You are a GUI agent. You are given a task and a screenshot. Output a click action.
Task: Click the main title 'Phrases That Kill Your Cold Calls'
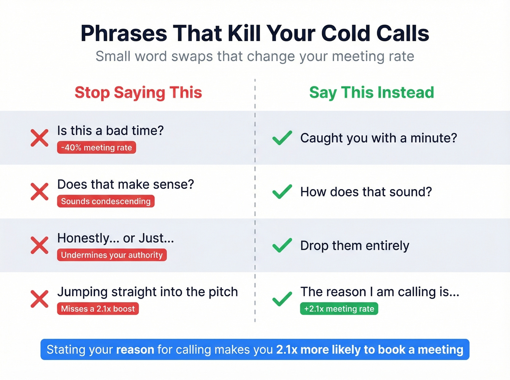pos(255,33)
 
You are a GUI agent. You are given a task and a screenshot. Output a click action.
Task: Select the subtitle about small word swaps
pos(255,56)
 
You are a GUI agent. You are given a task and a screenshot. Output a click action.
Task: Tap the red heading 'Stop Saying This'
pos(138,92)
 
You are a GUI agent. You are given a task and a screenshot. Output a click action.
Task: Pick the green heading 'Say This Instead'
pos(372,92)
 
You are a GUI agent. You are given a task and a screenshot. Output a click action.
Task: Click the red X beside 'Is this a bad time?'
pos(39,138)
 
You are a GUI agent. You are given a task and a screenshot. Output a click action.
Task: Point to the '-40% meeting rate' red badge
pos(97,148)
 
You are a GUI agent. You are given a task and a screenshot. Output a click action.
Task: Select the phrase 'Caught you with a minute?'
pos(378,138)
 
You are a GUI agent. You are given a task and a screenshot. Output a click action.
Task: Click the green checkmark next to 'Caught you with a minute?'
pos(282,138)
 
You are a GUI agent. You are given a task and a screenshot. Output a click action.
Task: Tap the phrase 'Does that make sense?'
pos(126,184)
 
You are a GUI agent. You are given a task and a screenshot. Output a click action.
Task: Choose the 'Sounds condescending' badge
pos(106,201)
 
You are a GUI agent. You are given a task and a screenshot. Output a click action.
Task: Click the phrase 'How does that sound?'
pos(366,192)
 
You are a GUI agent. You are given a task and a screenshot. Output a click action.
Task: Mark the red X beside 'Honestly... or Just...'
pos(39,245)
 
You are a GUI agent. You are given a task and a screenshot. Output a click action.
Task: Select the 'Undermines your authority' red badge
pos(112,255)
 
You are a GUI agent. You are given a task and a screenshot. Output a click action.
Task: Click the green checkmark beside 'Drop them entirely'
pos(282,245)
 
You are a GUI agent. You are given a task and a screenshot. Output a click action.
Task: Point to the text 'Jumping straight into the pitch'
pos(148,292)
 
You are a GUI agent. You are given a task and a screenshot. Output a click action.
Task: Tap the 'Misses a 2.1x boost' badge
pos(98,309)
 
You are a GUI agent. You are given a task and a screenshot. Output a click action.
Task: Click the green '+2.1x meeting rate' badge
pos(339,309)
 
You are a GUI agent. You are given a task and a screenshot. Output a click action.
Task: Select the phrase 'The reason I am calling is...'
pos(380,292)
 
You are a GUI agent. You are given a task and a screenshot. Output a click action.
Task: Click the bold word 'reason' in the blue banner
pos(135,349)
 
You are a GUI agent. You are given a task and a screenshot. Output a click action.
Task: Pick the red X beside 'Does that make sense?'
pos(39,192)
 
